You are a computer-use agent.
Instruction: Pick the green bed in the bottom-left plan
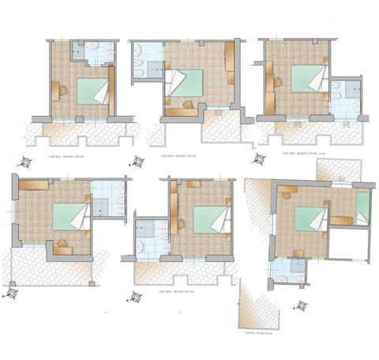click(69, 216)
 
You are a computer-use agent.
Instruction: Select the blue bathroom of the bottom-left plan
click(107, 199)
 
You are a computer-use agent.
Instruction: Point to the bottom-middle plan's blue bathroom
click(150, 237)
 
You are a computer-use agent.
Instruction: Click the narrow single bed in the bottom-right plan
click(362, 207)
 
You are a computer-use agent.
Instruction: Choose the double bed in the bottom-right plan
click(310, 219)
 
